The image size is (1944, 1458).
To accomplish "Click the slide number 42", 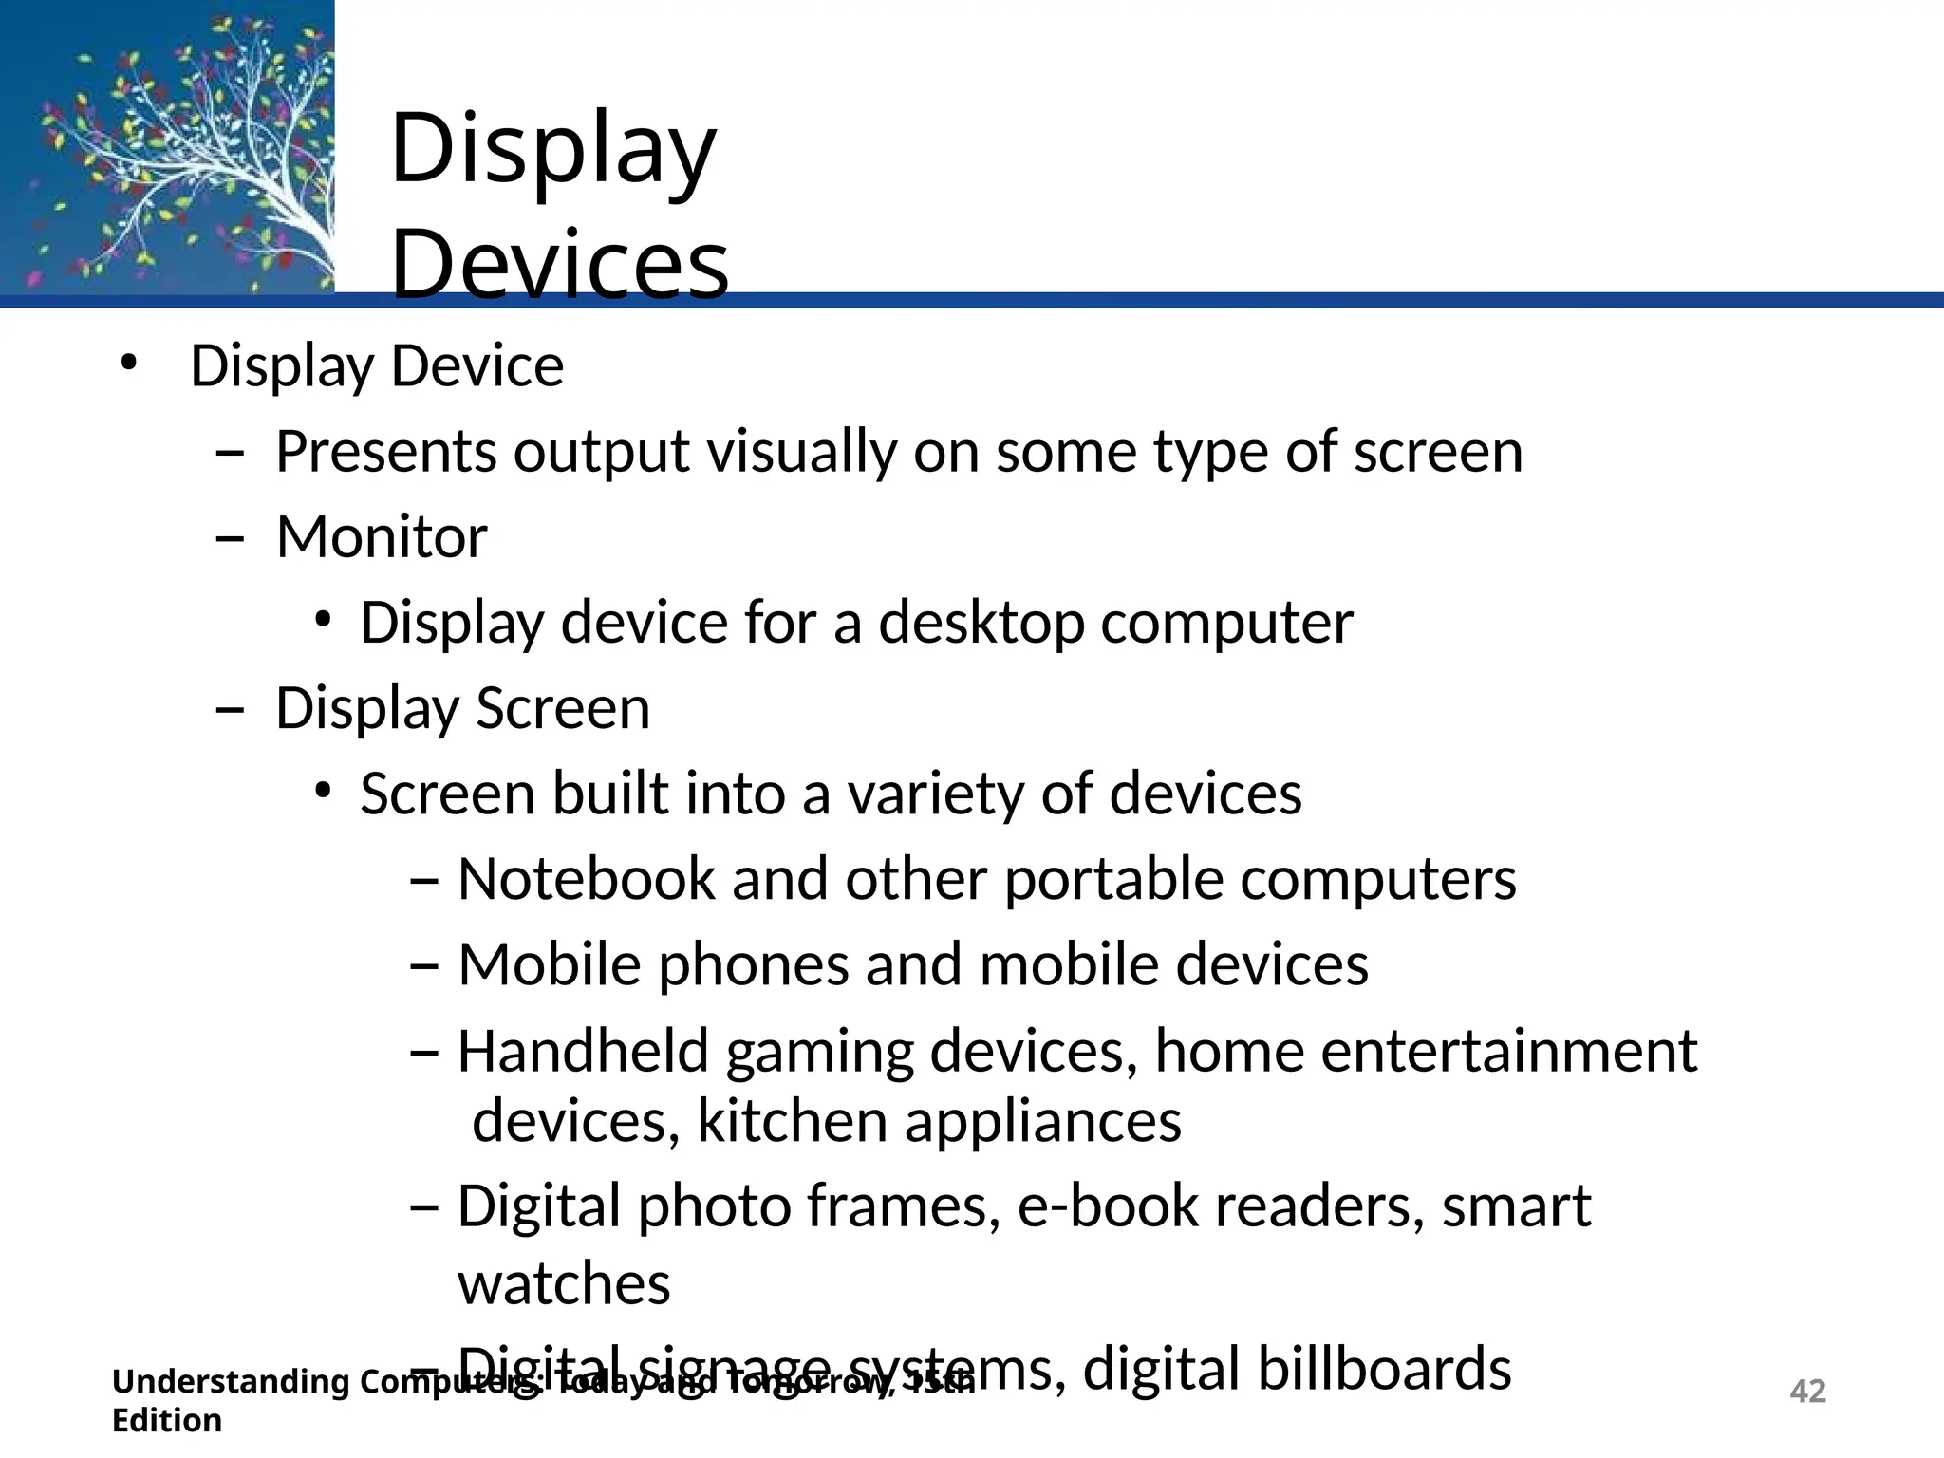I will [x=1807, y=1391].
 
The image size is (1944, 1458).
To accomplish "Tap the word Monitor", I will [x=382, y=537].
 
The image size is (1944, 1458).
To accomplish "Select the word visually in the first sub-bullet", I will [x=802, y=452].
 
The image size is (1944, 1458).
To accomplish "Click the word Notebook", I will [x=586, y=879].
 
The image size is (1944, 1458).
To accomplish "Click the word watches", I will [x=564, y=1284].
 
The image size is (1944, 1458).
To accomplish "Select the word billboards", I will [x=1297, y=1369].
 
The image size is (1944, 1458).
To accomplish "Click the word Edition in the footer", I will [x=167, y=1421].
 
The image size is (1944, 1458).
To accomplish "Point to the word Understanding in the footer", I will [x=231, y=1382].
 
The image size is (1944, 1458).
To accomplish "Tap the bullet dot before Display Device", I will [x=129, y=364].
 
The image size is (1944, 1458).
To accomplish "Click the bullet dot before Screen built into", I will [x=324, y=791].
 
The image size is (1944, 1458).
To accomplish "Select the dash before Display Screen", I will [x=230, y=710].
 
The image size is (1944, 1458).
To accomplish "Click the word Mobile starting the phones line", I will [x=550, y=965].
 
